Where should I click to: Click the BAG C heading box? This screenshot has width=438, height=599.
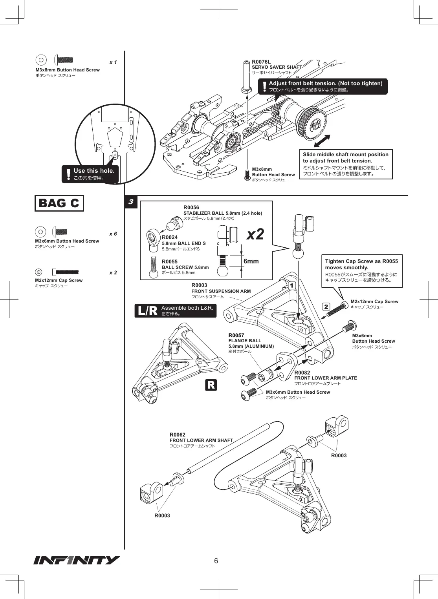coord(59,203)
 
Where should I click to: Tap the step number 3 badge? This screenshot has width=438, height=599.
coord(131,202)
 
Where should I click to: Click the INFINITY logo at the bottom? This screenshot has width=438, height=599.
coord(77,560)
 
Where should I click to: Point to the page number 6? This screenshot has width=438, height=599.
coord(216,561)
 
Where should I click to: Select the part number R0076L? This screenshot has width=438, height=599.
coord(261,62)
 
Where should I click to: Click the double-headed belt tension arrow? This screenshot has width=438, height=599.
coord(322,141)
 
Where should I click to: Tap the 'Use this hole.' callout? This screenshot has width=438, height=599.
coord(90,174)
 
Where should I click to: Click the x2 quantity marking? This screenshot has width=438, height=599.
coord(255,234)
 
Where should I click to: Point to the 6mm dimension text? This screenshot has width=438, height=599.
coord(251,261)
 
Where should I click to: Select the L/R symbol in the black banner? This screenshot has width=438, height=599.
coord(147,311)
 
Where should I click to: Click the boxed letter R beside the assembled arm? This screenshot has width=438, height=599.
coord(211,385)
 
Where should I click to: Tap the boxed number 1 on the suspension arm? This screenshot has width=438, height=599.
coord(291,286)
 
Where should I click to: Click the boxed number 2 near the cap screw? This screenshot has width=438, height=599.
coord(326,307)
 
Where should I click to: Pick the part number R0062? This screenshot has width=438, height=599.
coord(178,435)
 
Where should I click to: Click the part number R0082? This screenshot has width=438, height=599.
coord(302,373)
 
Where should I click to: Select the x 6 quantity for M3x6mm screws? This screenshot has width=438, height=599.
coord(113,234)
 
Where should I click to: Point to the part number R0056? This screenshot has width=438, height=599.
coord(191,208)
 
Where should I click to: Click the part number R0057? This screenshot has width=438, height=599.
coord(236,335)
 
